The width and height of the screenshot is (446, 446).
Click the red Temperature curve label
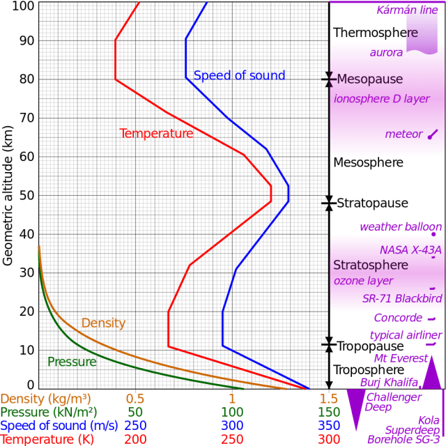point(156,133)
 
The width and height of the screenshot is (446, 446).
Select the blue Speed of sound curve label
point(239,76)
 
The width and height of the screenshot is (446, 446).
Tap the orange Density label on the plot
point(103,323)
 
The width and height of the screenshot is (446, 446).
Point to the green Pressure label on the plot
point(72,362)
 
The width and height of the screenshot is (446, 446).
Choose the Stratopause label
point(372,203)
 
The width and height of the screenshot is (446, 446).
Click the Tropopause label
point(370,346)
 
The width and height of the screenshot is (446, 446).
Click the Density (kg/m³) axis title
point(45,399)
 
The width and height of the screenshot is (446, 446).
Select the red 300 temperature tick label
point(328,440)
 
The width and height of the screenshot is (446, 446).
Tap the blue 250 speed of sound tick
point(135,426)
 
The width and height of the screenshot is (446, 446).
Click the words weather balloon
point(400,226)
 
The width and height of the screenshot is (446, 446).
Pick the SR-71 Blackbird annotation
point(402,298)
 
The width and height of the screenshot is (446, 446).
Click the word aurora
point(385,53)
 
